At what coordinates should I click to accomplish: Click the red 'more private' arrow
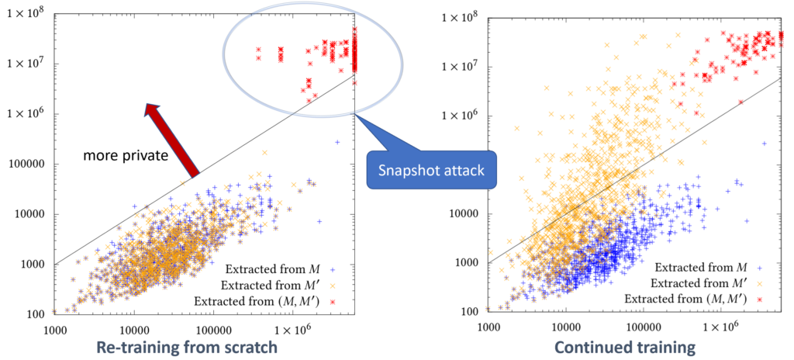coord(172,139)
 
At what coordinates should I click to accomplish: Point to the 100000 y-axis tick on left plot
coord(29,164)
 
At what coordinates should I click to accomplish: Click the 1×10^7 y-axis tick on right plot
coord(460,64)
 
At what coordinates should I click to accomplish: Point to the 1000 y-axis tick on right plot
coord(466,262)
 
